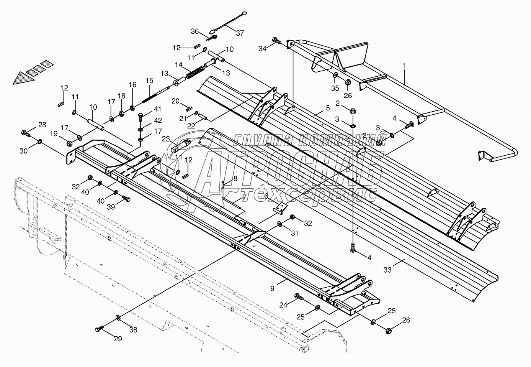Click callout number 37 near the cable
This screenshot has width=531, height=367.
click(240, 33)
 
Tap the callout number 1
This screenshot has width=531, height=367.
click(404, 66)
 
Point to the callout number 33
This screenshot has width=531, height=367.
click(388, 270)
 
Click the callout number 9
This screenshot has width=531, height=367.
click(272, 288)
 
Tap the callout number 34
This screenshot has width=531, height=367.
click(262, 48)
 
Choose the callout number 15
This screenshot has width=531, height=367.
click(149, 81)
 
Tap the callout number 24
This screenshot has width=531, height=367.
click(283, 305)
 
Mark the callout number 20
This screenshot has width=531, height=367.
click(175, 101)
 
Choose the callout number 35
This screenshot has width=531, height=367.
click(335, 88)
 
